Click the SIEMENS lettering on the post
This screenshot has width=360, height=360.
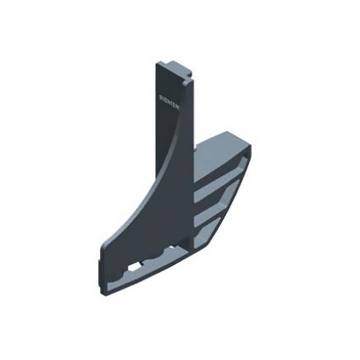point(170,102)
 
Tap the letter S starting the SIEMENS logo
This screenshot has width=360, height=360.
point(161,97)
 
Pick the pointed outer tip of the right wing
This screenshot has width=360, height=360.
point(250,148)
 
